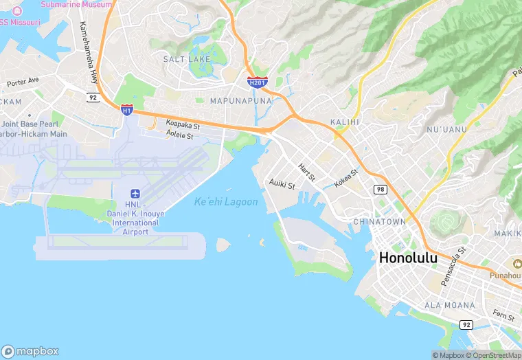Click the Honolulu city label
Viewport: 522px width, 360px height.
[417, 258]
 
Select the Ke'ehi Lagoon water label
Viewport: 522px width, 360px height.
[226, 202]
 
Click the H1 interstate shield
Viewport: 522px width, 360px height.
[126, 109]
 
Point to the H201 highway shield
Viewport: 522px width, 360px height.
[257, 82]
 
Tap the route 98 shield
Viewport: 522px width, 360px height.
[380, 189]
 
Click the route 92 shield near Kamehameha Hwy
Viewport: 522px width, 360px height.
[93, 98]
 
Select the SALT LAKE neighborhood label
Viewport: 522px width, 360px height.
[187, 60]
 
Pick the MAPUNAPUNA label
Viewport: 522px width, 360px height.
[240, 101]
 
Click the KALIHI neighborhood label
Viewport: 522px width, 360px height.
[345, 122]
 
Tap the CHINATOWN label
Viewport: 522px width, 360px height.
[379, 222]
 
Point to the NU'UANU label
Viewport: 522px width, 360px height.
[446, 129]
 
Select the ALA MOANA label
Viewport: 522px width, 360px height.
[449, 305]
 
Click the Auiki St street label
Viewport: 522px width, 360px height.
[282, 185]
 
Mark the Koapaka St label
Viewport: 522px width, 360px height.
[183, 126]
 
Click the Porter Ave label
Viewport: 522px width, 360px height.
[23, 81]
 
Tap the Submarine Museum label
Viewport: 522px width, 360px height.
[76, 4]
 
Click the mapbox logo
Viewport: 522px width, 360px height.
[30, 351]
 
